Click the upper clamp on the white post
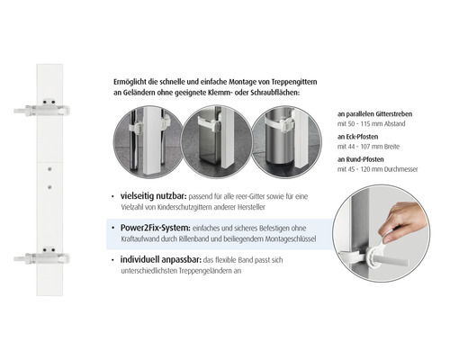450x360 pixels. [x=42, y=110]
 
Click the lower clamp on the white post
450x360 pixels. [x=42, y=257]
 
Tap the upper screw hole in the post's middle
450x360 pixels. [x=49, y=169]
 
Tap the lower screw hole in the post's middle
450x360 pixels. [x=49, y=187]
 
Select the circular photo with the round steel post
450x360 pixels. [x=286, y=141]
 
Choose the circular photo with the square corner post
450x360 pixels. [x=217, y=141]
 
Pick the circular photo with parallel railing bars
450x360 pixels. [x=148, y=141]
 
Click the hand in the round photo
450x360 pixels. [x=402, y=221]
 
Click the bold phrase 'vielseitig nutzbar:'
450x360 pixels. [x=154, y=196]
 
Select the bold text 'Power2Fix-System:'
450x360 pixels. [x=156, y=228]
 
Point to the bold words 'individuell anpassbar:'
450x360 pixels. [x=161, y=260]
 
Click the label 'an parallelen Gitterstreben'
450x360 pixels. [x=374, y=114]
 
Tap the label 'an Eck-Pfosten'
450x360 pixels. [x=357, y=137]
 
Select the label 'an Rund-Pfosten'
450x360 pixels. [x=361, y=159]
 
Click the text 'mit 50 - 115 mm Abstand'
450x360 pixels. [x=372, y=124]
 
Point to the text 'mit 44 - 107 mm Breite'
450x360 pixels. [x=368, y=147]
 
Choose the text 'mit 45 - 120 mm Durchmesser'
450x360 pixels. [x=378, y=169]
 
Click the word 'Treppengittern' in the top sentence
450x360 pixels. [x=294, y=82]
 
